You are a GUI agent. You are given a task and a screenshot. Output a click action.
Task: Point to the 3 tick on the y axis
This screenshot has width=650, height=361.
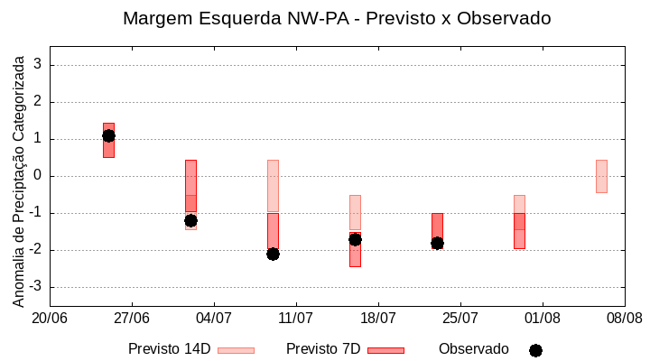[38, 65]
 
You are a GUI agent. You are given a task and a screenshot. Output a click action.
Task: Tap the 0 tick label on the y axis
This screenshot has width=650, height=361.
[38, 176]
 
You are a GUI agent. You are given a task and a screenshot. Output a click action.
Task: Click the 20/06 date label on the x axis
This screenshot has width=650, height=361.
[50, 318]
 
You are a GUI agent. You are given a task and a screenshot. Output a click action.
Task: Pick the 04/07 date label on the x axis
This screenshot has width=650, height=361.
[214, 318]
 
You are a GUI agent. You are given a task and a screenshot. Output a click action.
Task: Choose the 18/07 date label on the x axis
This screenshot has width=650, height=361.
[378, 318]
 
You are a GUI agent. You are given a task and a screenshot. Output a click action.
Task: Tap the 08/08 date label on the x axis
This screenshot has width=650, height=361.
[624, 318]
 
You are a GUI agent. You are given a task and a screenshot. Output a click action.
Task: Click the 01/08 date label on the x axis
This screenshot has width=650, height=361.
[542, 318]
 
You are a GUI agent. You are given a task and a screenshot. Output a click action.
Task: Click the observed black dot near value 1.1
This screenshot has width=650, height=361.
[108, 135]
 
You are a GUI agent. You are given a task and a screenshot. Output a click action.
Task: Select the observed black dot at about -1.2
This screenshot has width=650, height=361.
[190, 220]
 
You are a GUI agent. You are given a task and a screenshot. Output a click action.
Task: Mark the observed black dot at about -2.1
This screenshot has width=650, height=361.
[273, 254]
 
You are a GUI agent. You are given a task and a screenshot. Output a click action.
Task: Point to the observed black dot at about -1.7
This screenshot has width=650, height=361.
[355, 239]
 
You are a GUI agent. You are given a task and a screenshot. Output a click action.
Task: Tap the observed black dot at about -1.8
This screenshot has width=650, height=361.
[437, 243]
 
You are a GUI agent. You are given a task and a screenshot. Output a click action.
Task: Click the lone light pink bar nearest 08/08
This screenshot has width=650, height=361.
[601, 176]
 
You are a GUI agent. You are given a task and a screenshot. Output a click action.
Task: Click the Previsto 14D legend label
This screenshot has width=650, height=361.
[169, 349]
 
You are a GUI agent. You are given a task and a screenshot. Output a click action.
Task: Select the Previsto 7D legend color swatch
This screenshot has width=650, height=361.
[385, 350]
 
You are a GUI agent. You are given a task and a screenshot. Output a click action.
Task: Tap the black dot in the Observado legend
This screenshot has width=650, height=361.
[535, 350]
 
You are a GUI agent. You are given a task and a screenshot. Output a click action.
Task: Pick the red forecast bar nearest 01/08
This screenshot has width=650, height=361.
[519, 230]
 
